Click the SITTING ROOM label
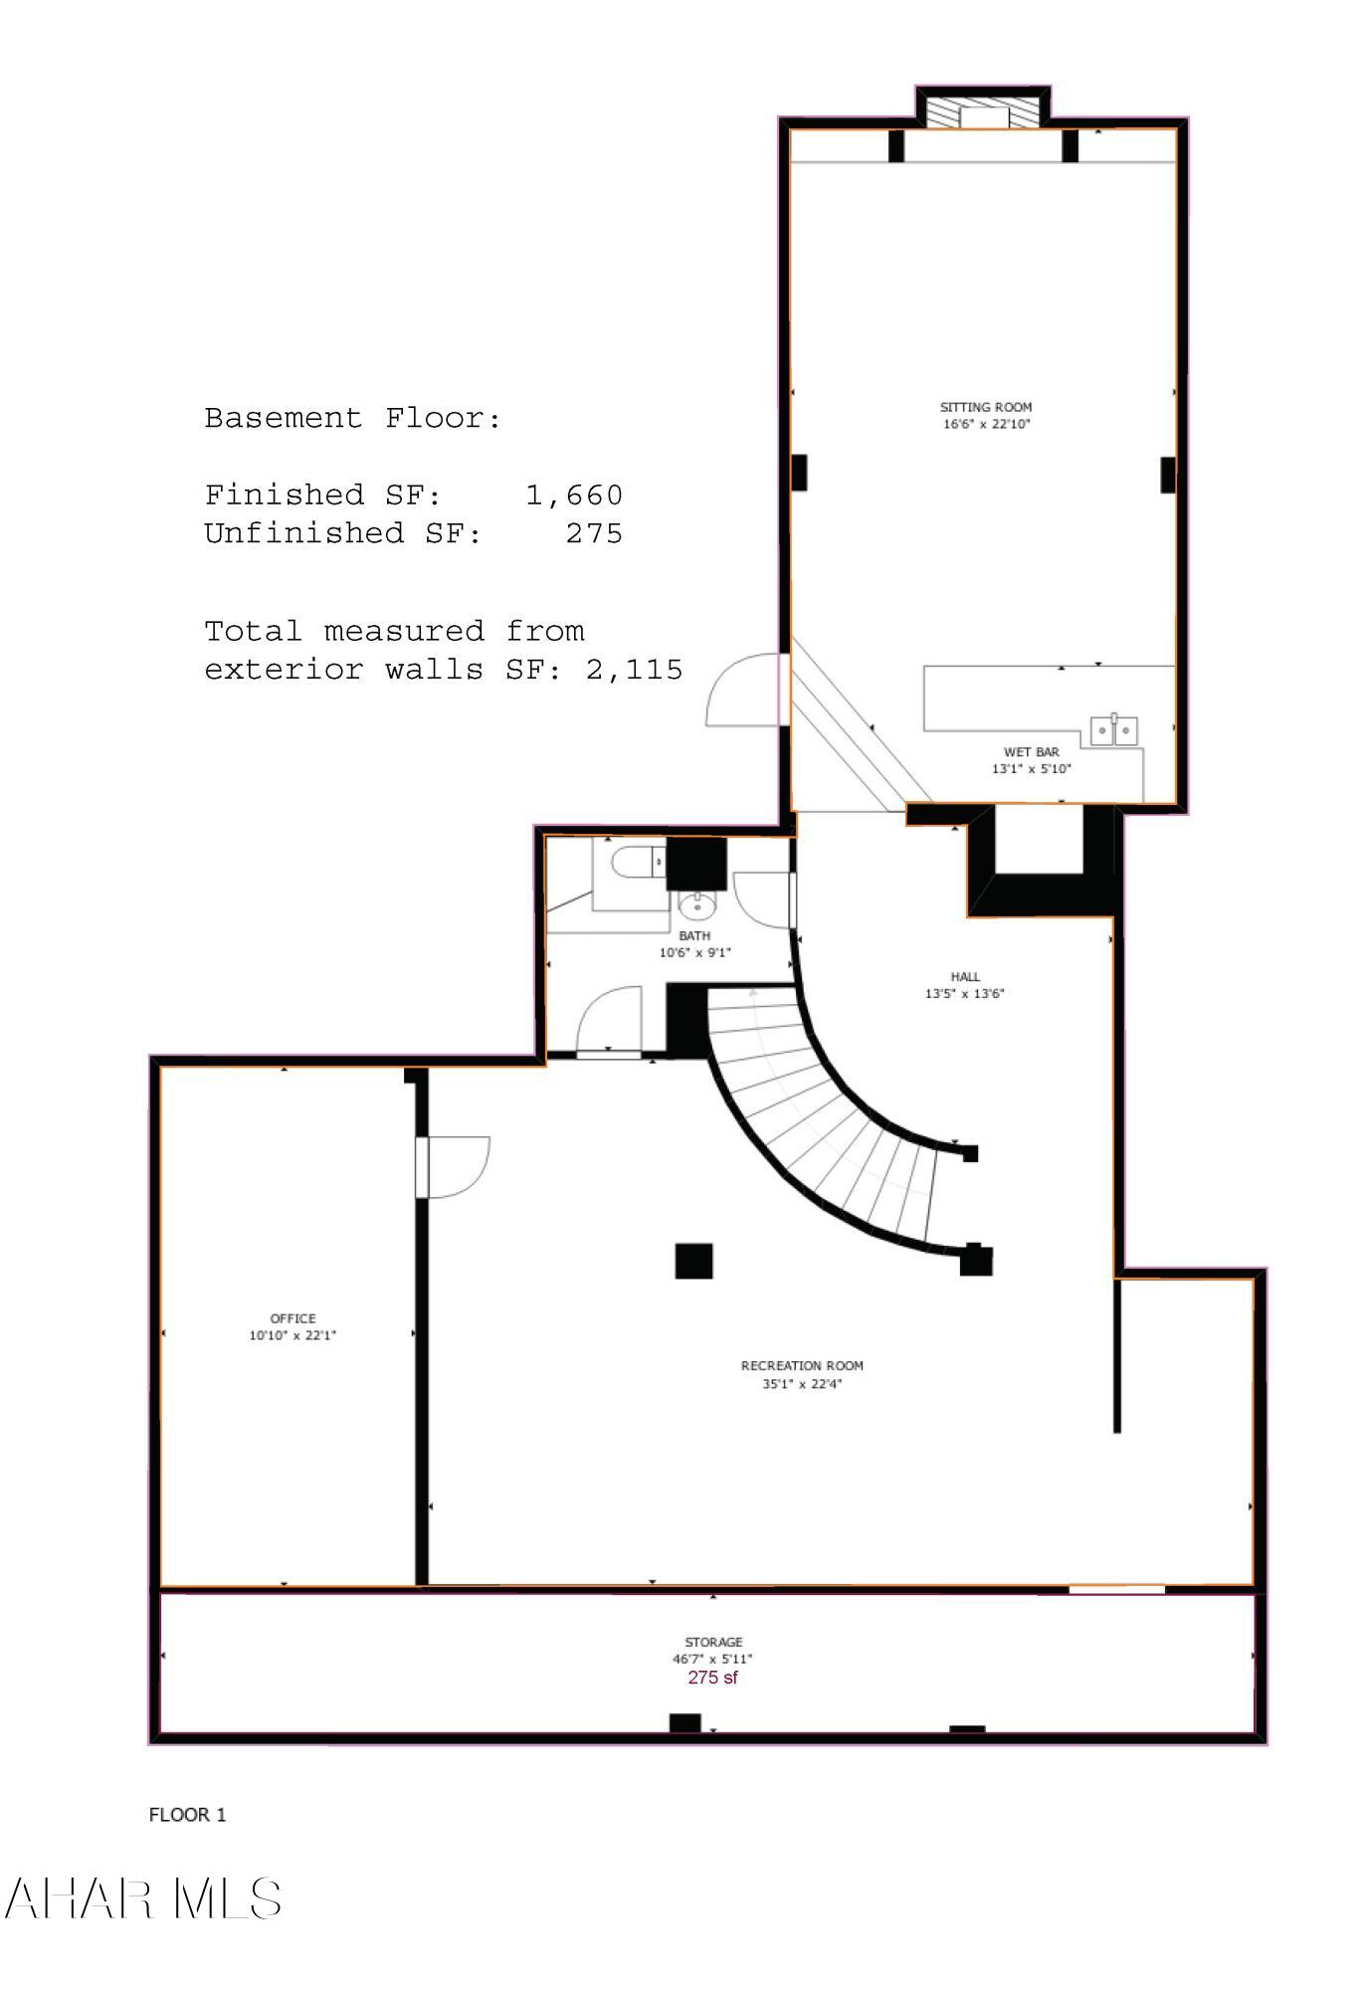pyautogui.click(x=985, y=407)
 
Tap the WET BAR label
pyautogui.click(x=1031, y=752)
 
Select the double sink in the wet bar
pyautogui.click(x=1114, y=730)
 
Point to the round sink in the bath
pyautogui.click(x=696, y=906)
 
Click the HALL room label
pyautogui.click(x=964, y=977)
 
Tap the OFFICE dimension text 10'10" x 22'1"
pyautogui.click(x=292, y=1335)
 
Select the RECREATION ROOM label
pyautogui.click(x=802, y=1366)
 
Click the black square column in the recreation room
pyautogui.click(x=693, y=1261)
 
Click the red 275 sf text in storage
pyautogui.click(x=712, y=1678)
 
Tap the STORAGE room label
pyautogui.click(x=713, y=1642)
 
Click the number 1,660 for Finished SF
pyautogui.click(x=574, y=495)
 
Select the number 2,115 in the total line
pyautogui.click(x=634, y=670)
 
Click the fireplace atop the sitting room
pyautogui.click(x=983, y=112)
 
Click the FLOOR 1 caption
pyautogui.click(x=187, y=1815)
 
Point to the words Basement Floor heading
pyautogui.click(x=352, y=418)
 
